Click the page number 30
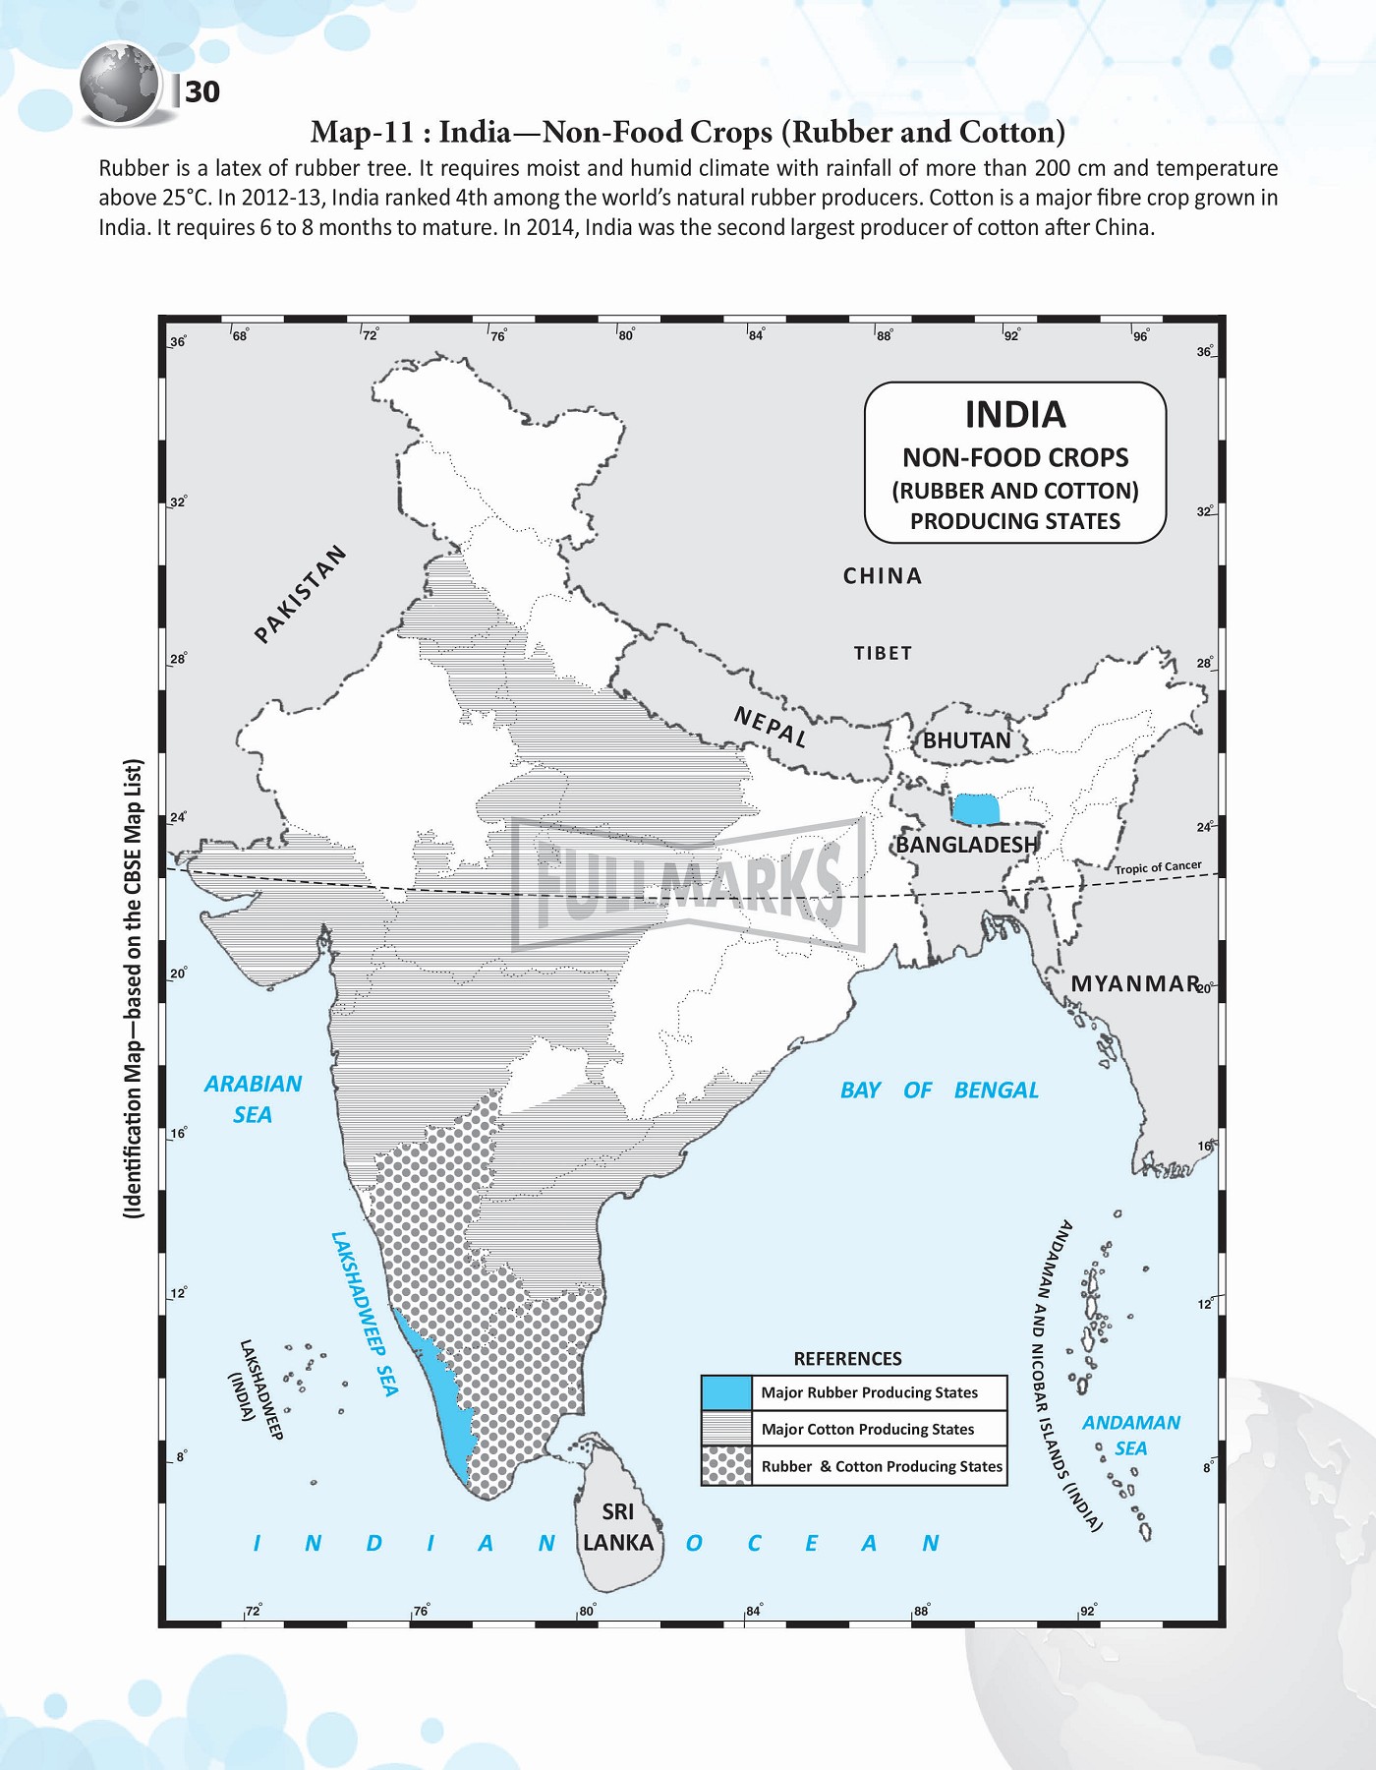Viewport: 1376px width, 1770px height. [202, 91]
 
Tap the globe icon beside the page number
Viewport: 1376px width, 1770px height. [119, 84]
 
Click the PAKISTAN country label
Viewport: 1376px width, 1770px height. [300, 594]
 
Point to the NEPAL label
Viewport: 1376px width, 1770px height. [772, 728]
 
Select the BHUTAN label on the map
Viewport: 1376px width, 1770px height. [966, 740]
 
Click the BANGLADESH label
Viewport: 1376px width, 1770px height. [966, 845]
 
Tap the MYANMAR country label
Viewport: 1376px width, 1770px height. [1135, 983]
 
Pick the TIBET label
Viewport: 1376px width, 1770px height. [883, 653]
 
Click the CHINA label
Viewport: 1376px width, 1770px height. [883, 576]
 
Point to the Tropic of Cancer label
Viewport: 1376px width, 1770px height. [1158, 867]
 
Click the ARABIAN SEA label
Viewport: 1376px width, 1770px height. [253, 1098]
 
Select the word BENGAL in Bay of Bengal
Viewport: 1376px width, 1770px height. [996, 1090]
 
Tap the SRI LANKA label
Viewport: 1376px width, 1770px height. [618, 1527]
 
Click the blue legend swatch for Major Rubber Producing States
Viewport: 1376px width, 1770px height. [726, 1392]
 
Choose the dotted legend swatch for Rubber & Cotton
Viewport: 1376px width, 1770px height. [726, 1466]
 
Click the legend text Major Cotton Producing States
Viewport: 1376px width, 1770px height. [868, 1429]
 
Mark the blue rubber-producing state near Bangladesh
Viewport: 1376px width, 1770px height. [976, 808]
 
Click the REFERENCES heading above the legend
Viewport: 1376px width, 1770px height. [847, 1359]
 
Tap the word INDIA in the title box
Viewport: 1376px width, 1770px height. [1015, 415]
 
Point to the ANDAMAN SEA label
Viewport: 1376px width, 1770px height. [1131, 1436]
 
